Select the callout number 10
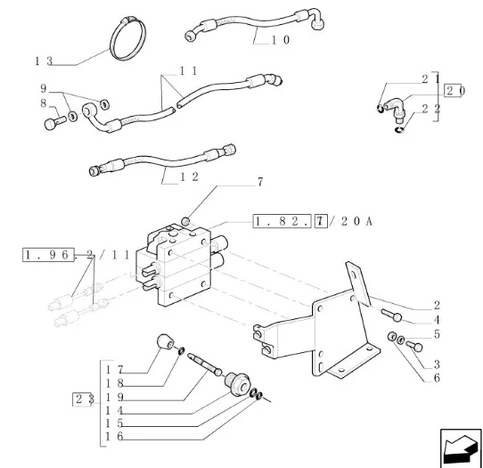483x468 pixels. point(281,40)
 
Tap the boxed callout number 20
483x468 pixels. point(453,91)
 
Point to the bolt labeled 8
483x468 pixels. point(54,122)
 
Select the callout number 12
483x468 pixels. point(189,177)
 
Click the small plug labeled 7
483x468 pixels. point(185,221)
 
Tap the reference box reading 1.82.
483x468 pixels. point(282,221)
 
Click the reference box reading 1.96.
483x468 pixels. point(48,255)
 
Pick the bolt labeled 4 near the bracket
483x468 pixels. point(391,315)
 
